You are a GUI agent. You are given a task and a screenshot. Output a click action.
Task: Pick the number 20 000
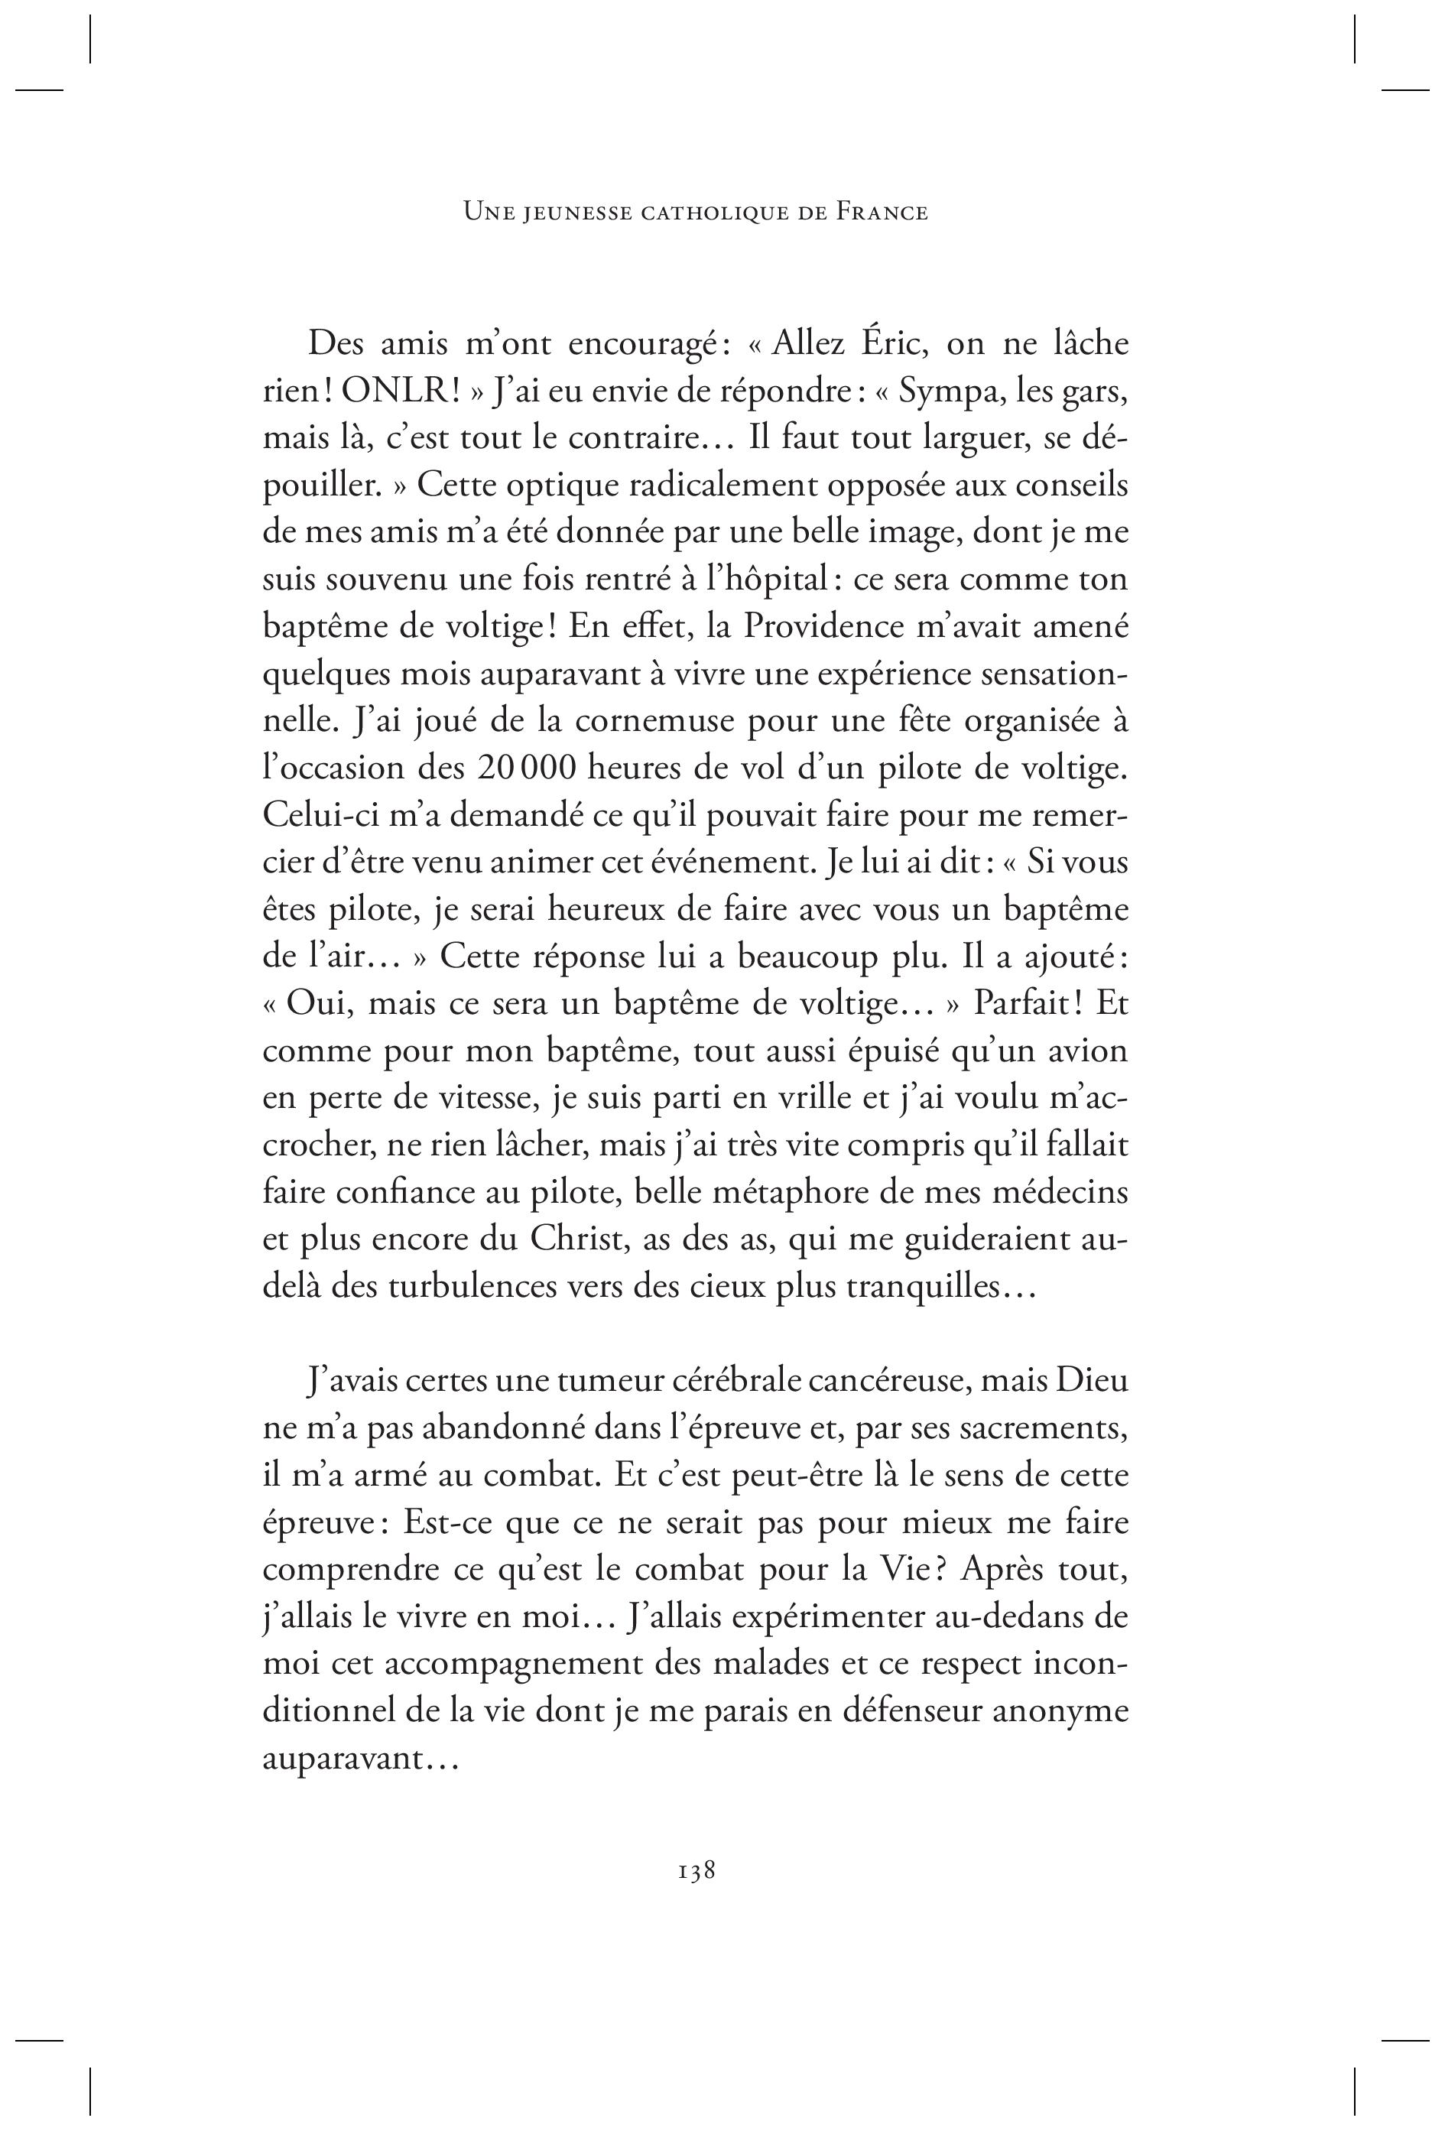tap(525, 768)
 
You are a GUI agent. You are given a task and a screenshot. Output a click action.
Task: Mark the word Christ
tap(576, 1239)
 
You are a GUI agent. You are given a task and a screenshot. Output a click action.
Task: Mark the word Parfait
tap(1024, 1004)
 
